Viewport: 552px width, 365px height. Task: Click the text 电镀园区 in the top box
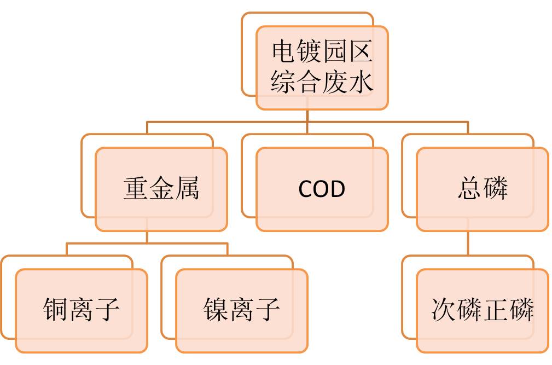tap(322, 51)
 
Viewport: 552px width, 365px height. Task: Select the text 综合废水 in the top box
tap(322, 82)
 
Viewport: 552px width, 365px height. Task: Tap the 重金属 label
tap(161, 188)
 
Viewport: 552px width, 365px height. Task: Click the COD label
tap(322, 189)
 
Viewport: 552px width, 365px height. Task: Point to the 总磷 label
tap(483, 188)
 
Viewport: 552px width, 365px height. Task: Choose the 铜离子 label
tap(82, 309)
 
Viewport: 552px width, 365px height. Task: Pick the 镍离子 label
tap(241, 309)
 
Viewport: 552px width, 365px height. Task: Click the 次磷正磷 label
tap(483, 309)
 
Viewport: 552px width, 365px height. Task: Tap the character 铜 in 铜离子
tap(56, 309)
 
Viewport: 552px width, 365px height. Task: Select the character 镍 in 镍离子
tap(216, 309)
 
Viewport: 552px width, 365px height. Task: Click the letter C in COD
tap(305, 189)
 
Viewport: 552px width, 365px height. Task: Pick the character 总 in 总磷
tap(470, 188)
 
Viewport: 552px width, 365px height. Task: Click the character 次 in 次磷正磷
tap(444, 309)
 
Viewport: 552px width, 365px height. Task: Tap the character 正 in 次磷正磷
tap(496, 309)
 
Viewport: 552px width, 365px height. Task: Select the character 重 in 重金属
tap(136, 188)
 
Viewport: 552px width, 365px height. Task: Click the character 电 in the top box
tap(285, 51)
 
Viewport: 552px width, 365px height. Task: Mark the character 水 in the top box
tap(361, 82)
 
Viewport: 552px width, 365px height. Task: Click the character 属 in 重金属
tap(187, 188)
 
